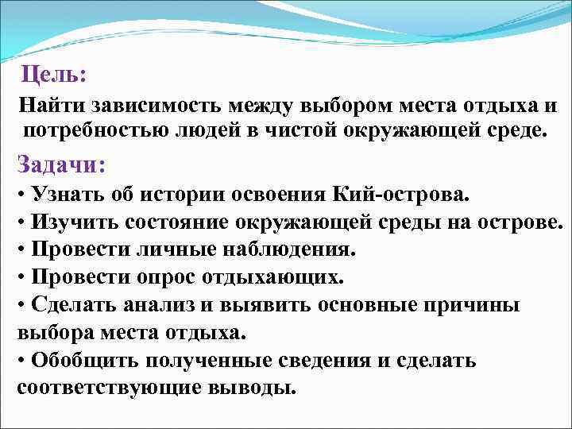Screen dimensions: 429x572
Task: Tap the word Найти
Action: click(x=51, y=106)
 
